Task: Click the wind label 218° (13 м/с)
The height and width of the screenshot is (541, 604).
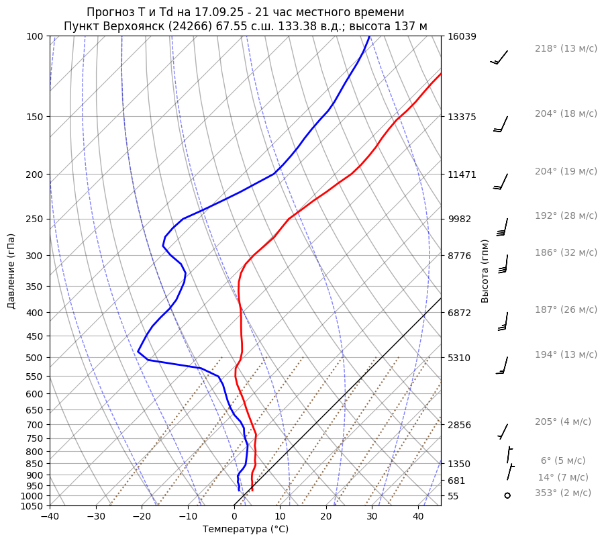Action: [x=566, y=49]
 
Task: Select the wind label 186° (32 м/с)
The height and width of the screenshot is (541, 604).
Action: [x=566, y=252]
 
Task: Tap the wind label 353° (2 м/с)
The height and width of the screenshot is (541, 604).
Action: [x=563, y=493]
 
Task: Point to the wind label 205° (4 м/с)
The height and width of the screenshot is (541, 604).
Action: [x=563, y=422]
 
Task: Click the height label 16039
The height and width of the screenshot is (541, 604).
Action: [x=462, y=36]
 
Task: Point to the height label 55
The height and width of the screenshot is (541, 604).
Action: [x=453, y=496]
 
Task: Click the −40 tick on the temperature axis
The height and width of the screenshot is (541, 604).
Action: [x=50, y=517]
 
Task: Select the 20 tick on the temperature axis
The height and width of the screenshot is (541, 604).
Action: [x=326, y=517]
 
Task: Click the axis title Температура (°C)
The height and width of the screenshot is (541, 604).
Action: [x=246, y=529]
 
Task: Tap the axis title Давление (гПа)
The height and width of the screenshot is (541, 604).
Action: [x=11, y=271]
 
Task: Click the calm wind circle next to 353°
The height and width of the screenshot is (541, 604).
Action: [x=507, y=495]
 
